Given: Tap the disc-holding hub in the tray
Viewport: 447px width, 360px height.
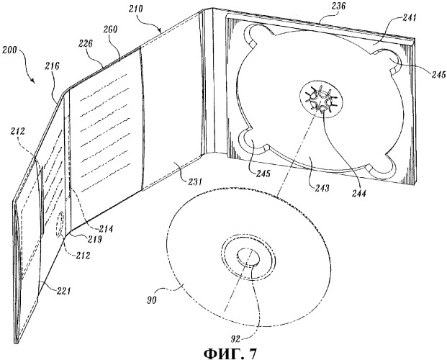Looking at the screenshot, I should tap(320, 98).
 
